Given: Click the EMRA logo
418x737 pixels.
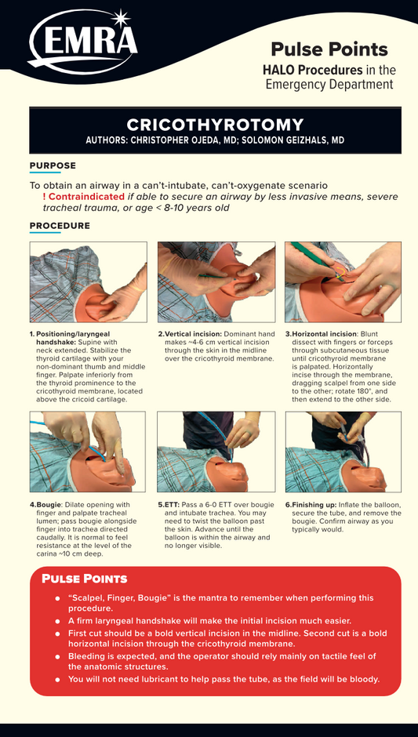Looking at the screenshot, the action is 83,42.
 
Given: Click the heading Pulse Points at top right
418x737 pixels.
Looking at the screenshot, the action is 329,49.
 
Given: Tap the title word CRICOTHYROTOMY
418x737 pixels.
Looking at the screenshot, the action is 215,125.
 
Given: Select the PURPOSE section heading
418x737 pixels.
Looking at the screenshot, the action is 53,165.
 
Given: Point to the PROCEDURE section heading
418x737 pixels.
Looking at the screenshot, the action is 60,226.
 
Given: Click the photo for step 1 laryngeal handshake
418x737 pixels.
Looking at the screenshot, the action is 89,282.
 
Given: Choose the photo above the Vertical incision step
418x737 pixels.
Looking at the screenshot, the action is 216,282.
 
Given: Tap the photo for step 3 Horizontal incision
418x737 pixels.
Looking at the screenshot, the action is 343,282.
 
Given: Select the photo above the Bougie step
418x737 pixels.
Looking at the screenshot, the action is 88,452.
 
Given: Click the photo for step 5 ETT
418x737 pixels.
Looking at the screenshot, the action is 216,452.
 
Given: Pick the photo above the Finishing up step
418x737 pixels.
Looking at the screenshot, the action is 343,452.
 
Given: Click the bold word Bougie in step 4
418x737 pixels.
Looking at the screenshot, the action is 49,505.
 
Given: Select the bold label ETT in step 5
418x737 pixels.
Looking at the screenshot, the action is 172,505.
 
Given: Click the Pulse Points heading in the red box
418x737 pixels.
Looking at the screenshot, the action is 85,579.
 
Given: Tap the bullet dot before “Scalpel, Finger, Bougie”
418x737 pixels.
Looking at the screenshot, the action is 57,598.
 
